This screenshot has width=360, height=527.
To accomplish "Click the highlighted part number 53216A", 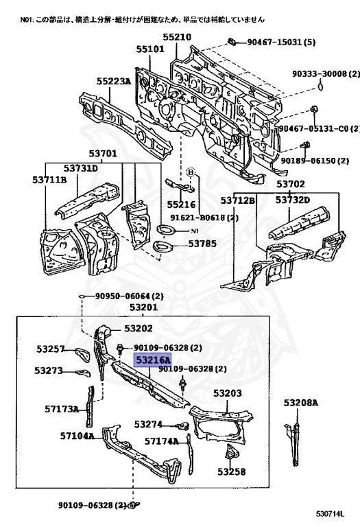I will [x=153, y=360].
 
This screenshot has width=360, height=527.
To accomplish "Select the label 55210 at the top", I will [x=177, y=37].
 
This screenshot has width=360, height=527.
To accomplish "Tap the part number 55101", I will [x=149, y=49].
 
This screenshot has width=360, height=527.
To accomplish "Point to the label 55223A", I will [x=113, y=81].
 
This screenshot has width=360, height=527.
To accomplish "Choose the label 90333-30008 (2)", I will [x=325, y=73].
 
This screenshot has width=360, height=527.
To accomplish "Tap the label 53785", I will [x=202, y=243].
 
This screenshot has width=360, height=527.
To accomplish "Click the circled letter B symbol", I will [x=191, y=172].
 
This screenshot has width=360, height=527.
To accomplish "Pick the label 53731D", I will [x=81, y=168].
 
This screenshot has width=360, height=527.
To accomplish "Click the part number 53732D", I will [x=293, y=200].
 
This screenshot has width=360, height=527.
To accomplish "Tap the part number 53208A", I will [x=302, y=403].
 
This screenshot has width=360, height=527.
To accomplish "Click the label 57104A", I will [x=77, y=435].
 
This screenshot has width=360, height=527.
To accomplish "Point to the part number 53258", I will [x=232, y=471].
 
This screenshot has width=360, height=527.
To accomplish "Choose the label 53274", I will [x=148, y=424].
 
